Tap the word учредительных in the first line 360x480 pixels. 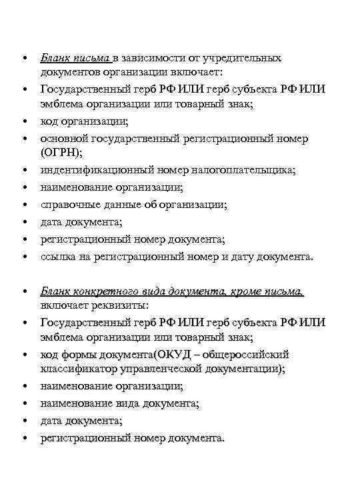(x=243, y=58)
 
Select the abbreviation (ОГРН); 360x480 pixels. (x=62, y=153)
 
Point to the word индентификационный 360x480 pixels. (x=94, y=170)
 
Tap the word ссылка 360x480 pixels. (x=59, y=257)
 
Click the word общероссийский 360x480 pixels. (x=248, y=354)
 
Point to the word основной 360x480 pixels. (x=65, y=139)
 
